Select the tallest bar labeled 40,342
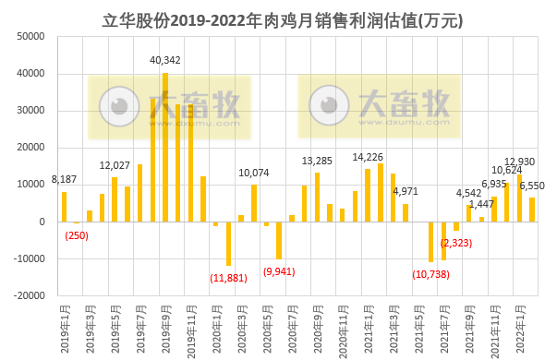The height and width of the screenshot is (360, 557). point(164,147)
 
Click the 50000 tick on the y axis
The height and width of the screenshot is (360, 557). point(30,37)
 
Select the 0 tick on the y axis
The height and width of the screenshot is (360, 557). point(41,222)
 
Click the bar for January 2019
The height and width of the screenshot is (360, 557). point(64,206)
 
